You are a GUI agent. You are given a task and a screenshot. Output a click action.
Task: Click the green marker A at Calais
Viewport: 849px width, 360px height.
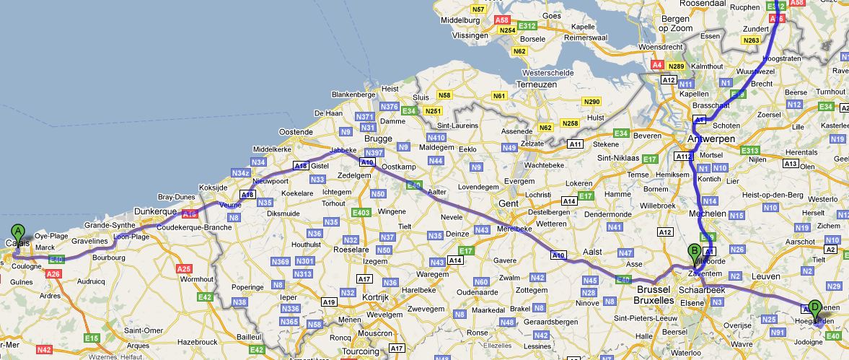click(18, 233)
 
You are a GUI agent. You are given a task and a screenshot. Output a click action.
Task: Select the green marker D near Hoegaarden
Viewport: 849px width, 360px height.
click(814, 307)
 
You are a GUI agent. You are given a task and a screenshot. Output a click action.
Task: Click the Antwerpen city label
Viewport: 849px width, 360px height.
click(711, 138)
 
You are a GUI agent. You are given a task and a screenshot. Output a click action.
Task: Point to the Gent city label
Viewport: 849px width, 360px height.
click(509, 204)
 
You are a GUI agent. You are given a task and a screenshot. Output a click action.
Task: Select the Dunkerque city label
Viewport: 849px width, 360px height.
click(156, 211)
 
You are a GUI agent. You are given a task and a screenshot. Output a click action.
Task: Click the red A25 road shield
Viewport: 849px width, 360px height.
click(184, 268)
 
